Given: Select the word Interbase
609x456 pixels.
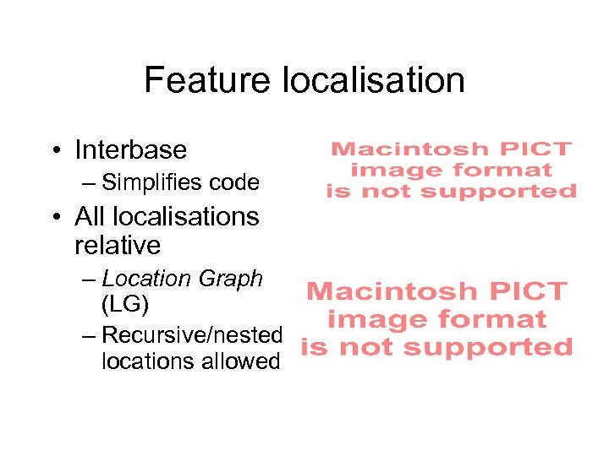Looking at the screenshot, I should pos(130,149).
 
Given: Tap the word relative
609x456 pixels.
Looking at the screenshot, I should pos(118,246).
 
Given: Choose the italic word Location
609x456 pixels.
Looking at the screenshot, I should pos(146,279).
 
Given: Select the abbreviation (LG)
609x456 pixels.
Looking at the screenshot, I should pos(125,304).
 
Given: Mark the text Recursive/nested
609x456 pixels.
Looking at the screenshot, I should pos(192,334).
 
